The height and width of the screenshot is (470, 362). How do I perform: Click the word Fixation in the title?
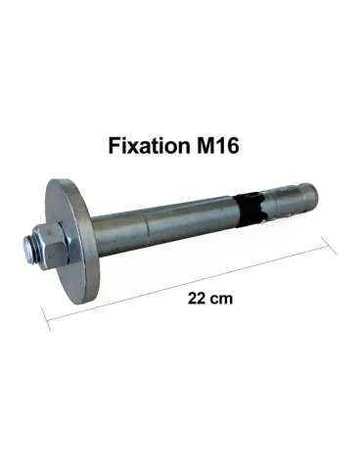(149, 145)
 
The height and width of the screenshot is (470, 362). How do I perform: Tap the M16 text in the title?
(217, 145)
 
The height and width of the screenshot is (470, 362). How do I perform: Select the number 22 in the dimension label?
(196, 299)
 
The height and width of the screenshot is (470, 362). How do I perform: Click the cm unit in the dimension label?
(221, 300)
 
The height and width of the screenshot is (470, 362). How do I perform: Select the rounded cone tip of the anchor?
(310, 195)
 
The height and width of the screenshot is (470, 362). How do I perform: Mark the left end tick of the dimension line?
(46, 320)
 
